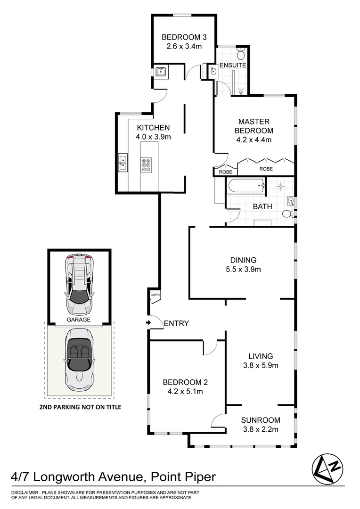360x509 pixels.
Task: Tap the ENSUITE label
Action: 233,65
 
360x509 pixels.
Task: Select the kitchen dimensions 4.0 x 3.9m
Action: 153,137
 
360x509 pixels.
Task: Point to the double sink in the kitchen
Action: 123,163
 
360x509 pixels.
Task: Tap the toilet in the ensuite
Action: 240,50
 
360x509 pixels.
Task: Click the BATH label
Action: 262,206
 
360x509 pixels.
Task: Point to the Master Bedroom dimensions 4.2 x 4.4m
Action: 254,140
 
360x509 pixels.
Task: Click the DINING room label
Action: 243,260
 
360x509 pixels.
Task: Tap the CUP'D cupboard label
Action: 155,296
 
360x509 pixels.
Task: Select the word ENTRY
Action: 176,323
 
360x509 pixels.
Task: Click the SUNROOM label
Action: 261,420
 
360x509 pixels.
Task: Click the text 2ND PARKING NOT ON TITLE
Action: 80,407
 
